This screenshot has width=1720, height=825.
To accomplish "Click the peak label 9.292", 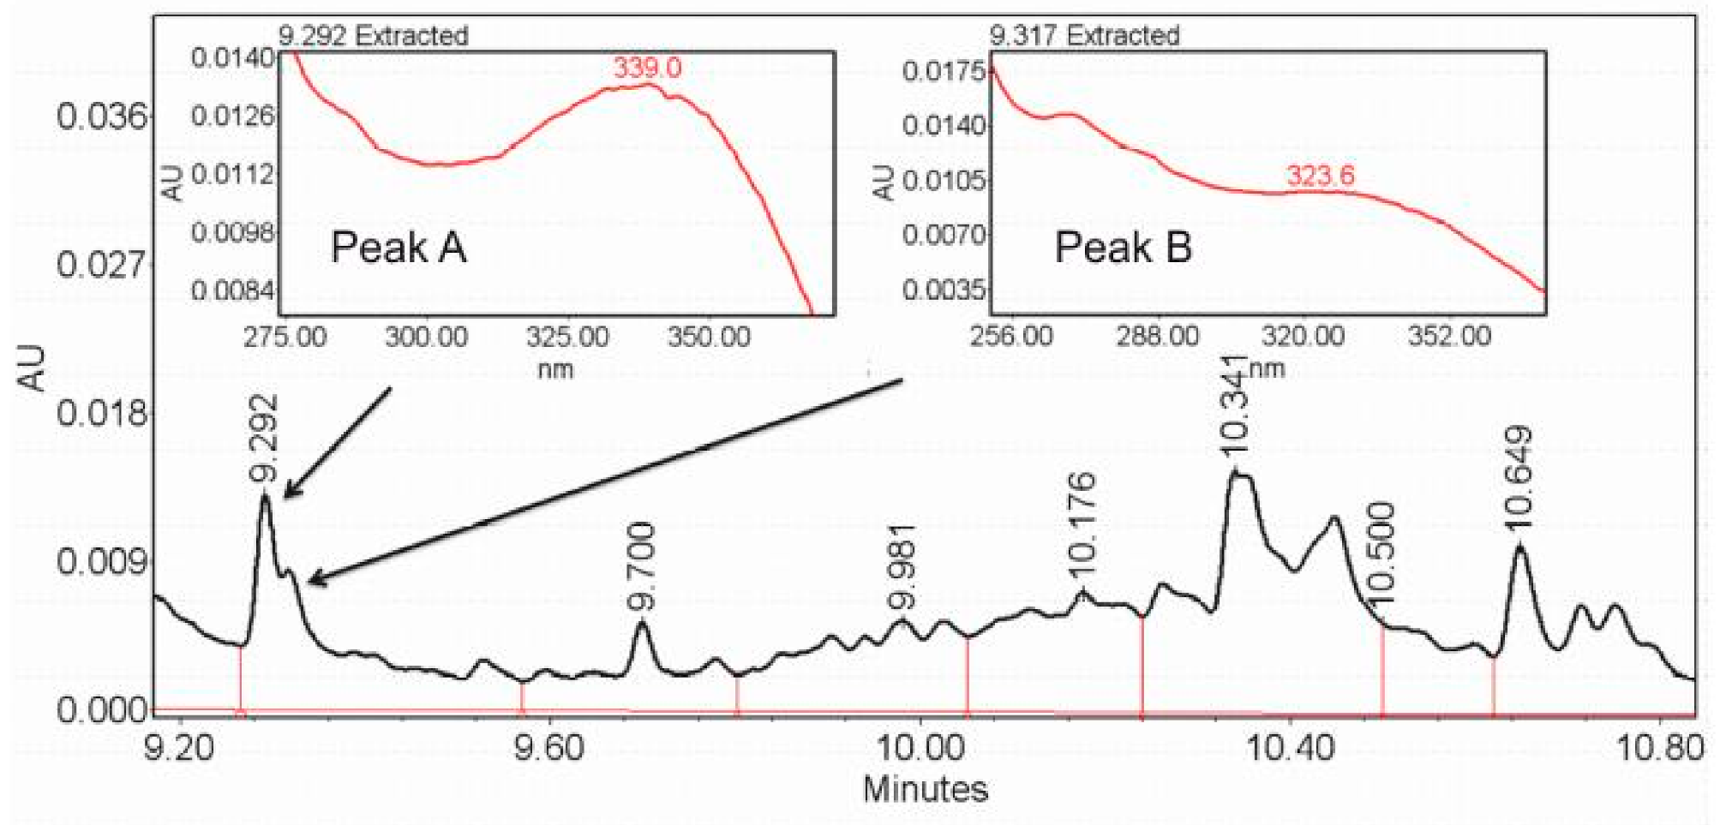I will [x=264, y=438].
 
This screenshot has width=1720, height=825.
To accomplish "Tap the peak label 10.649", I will [x=1518, y=477].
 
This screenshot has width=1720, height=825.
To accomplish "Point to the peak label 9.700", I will [x=641, y=566].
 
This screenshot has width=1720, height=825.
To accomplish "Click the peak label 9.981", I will [x=902, y=567].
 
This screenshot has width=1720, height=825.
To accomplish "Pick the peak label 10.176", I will [x=1082, y=524].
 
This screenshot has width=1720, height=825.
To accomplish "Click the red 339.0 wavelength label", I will [x=647, y=68].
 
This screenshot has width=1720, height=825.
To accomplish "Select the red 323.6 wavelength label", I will [x=1320, y=176].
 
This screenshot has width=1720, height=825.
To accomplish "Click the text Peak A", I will [x=399, y=248].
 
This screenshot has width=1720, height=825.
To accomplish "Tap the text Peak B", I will [x=1123, y=248].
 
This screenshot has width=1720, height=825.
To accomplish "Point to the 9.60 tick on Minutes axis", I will [x=548, y=749].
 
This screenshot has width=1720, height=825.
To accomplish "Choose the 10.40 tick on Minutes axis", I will [x=1289, y=749].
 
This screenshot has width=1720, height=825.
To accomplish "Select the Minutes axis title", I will [x=925, y=789].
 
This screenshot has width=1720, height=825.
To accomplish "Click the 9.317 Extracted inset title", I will [x=1084, y=35].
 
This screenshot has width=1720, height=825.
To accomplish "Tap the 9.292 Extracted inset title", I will [x=373, y=35].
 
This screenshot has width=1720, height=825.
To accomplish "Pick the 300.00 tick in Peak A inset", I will [x=426, y=336].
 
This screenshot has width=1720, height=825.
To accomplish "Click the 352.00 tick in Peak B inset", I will [x=1449, y=335].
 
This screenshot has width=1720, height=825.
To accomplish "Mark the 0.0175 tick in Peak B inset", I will [x=944, y=71].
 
